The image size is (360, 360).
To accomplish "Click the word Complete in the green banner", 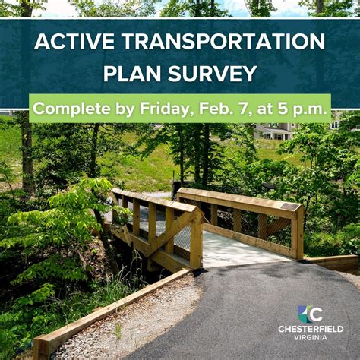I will (x=70, y=109).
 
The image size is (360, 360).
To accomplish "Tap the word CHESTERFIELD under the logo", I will (x=310, y=329).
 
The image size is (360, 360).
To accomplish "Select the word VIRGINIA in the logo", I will (x=310, y=338).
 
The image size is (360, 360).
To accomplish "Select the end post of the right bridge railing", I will (x=297, y=232).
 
